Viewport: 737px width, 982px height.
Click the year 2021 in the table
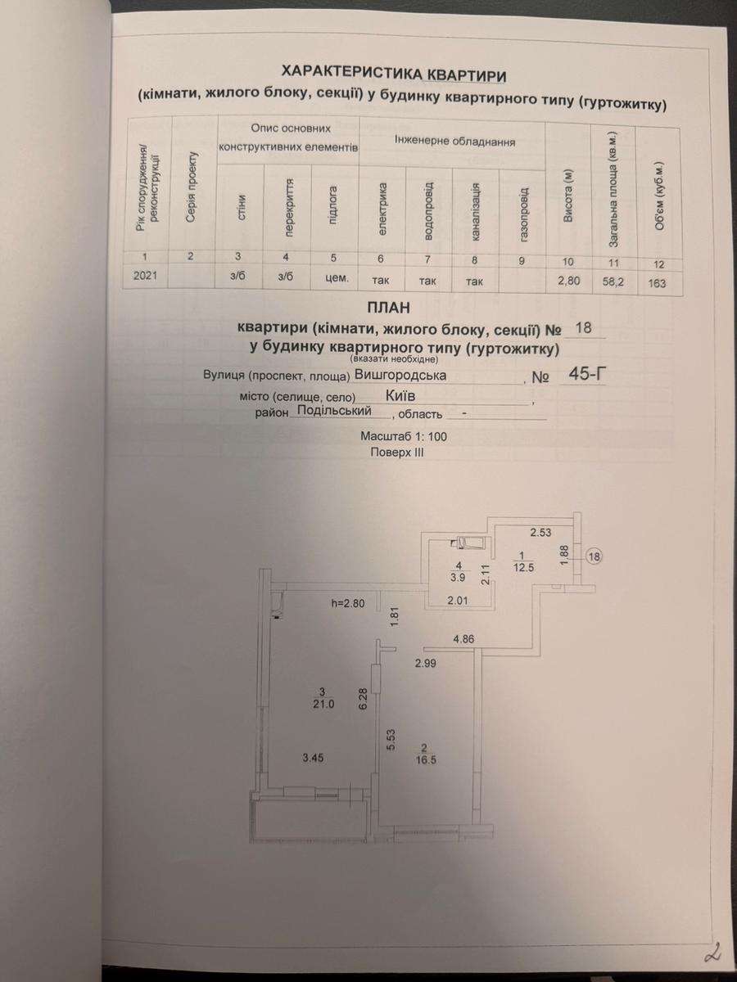pos(146,275)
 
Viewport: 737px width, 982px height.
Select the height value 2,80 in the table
pos(569,281)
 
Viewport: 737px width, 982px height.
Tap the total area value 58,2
pos(613,282)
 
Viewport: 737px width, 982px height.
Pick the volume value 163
pos(657,283)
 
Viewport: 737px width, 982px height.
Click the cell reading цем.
pos(337,277)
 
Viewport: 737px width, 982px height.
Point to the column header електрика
pos(382,209)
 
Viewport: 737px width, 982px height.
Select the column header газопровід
pos(524,214)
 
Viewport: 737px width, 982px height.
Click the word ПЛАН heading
pos(388,308)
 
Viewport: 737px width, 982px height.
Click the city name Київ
pos(400,396)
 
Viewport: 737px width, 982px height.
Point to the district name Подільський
pos(335,411)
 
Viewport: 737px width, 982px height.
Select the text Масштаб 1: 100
pos(404,436)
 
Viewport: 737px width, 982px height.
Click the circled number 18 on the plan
pos(595,557)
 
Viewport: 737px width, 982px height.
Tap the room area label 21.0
pos(324,705)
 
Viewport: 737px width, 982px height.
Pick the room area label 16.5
pos(425,760)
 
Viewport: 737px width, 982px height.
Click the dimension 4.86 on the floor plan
pos(463,639)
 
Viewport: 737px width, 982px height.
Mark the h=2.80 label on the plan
pos(348,603)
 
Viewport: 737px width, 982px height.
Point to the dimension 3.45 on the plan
pos(313,758)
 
